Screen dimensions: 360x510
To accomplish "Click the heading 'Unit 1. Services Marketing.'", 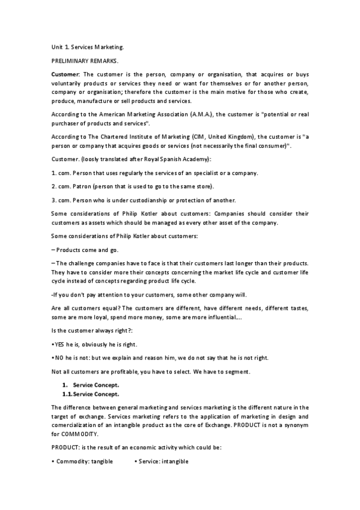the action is (87, 46).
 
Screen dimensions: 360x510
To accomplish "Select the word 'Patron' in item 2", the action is (85, 186).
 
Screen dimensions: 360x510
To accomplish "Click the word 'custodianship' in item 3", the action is (140, 200).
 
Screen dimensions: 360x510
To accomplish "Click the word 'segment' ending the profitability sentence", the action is (237, 372).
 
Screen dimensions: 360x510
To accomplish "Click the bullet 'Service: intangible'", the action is (162, 461).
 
